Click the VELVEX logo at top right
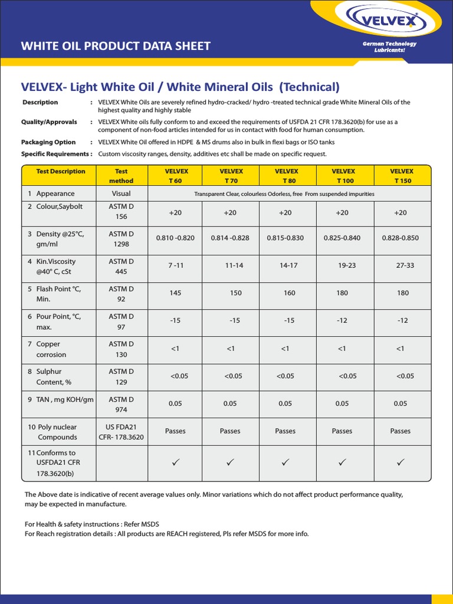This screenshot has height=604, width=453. pos(388,22)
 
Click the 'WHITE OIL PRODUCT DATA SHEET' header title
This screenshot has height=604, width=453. pos(116,46)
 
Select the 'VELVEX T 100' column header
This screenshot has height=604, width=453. pos(346,176)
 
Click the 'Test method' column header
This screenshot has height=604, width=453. pos(121,176)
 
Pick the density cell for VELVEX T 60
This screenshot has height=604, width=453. pos(175,238)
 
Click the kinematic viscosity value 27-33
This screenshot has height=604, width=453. pos(405,265)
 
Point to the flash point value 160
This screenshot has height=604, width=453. pos(289,293)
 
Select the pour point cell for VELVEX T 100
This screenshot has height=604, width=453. pos(343,320)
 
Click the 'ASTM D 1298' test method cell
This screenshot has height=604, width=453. pos(121,238)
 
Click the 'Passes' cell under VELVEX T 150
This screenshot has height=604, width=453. pos(401,431)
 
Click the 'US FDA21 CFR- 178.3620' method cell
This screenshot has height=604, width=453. pos(121,432)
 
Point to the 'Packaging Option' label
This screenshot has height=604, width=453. pos(48,142)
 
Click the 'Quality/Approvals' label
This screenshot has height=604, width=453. pos(49,122)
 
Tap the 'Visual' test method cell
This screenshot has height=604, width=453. pos(121,193)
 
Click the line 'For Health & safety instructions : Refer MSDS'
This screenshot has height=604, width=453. pos(92,524)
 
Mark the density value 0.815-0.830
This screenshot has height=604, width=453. pos(285,238)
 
